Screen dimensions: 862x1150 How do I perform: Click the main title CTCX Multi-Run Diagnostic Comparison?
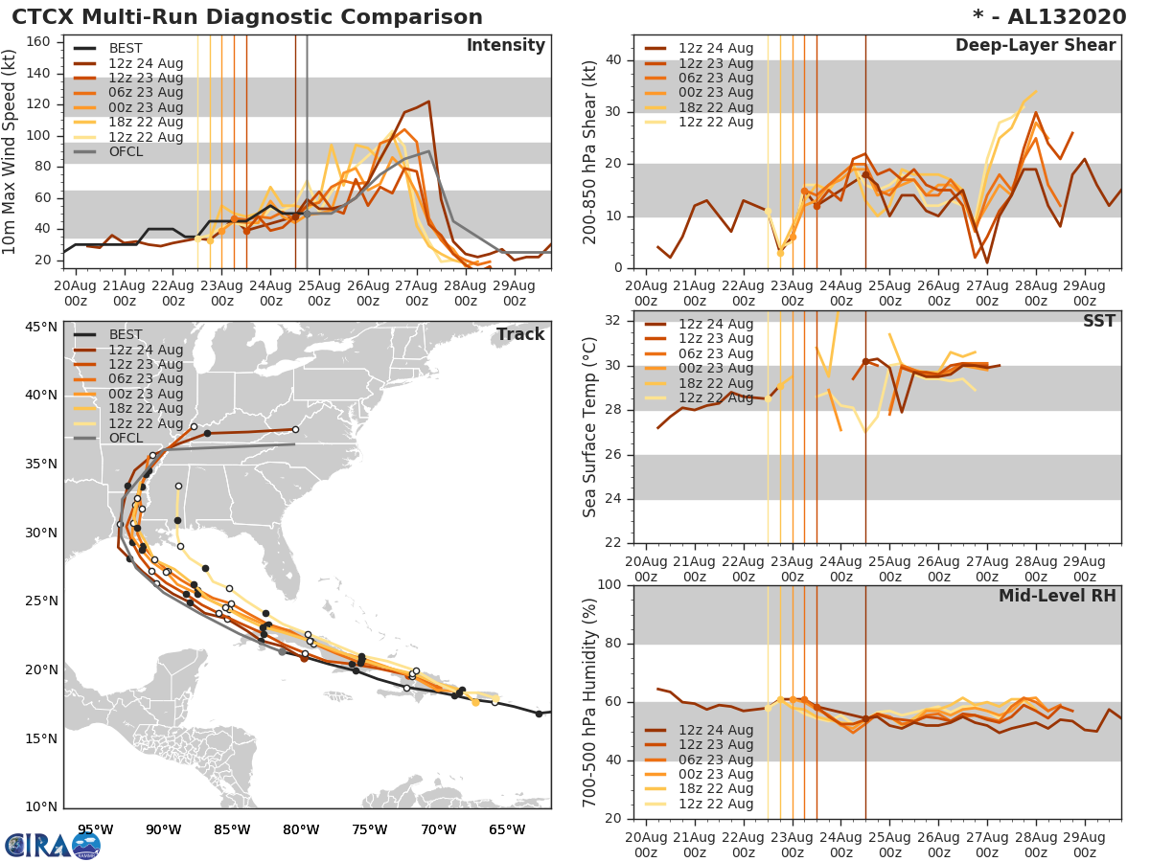(x=247, y=17)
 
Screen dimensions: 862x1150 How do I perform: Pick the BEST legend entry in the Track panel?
(x=126, y=335)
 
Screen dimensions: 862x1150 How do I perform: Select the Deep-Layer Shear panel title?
(x=1035, y=46)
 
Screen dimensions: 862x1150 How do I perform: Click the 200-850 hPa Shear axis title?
(x=590, y=151)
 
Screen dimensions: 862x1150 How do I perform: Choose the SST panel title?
(x=1098, y=321)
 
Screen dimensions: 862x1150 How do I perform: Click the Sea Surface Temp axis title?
(x=590, y=426)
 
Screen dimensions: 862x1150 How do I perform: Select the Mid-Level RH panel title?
(x=1057, y=596)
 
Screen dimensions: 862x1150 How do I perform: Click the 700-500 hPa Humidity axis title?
(x=590, y=701)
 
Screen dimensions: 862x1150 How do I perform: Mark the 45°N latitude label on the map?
(x=40, y=328)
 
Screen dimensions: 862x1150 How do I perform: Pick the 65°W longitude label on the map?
(x=507, y=829)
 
